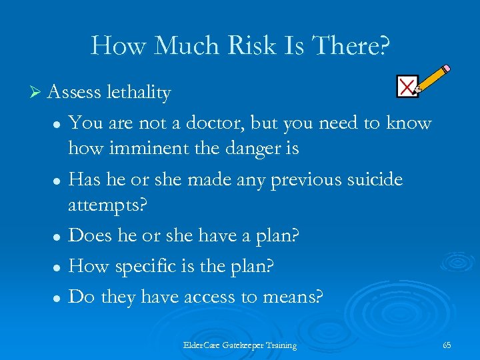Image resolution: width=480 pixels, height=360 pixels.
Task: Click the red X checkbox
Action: pyautogui.click(x=407, y=86)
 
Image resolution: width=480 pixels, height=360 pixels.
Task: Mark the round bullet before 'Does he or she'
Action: pyautogui.click(x=58, y=237)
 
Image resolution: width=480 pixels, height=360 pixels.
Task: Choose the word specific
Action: pyautogui.click(x=147, y=267)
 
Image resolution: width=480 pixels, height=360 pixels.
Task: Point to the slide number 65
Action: pyautogui.click(x=447, y=345)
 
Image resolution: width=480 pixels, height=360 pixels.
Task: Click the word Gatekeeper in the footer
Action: pyautogui.click(x=243, y=345)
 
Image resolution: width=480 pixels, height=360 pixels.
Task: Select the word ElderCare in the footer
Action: pyautogui.click(x=201, y=345)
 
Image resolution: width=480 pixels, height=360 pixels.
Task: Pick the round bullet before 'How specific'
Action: pyautogui.click(x=58, y=267)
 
